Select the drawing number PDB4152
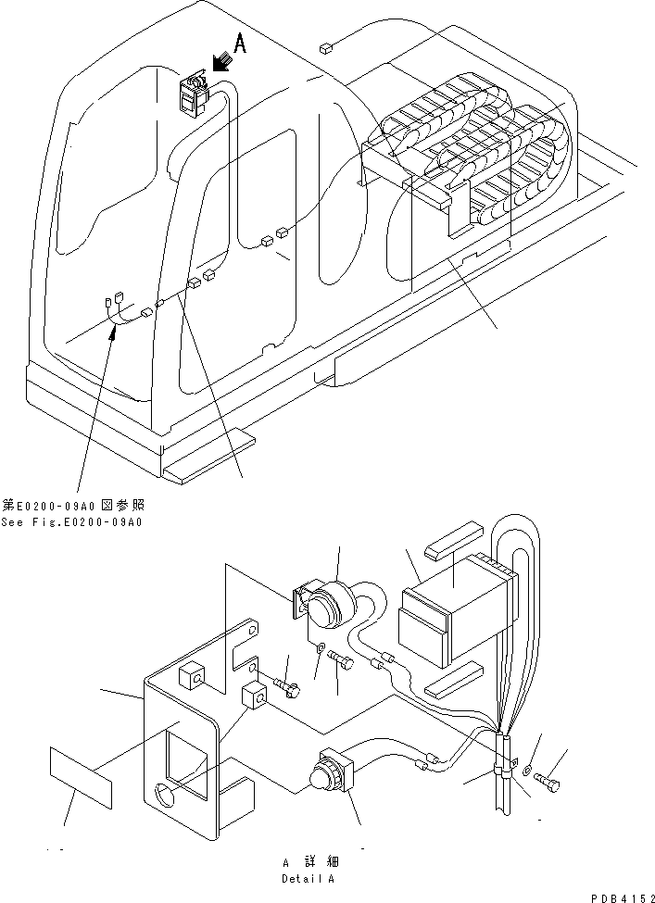[x=620, y=896]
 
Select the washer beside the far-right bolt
[x=528, y=769]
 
